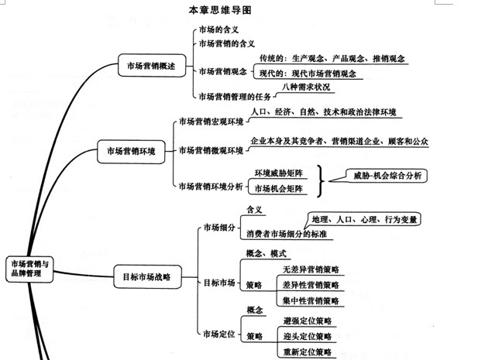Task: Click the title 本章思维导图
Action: tap(220, 11)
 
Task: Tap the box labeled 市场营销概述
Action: tap(151, 67)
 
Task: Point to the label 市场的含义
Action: tap(219, 31)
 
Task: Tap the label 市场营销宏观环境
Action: tap(211, 122)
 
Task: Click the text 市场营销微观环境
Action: tap(211, 149)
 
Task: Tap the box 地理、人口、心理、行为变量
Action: tap(363, 219)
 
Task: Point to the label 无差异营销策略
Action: tap(311, 269)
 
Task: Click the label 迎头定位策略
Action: tap(308, 336)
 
